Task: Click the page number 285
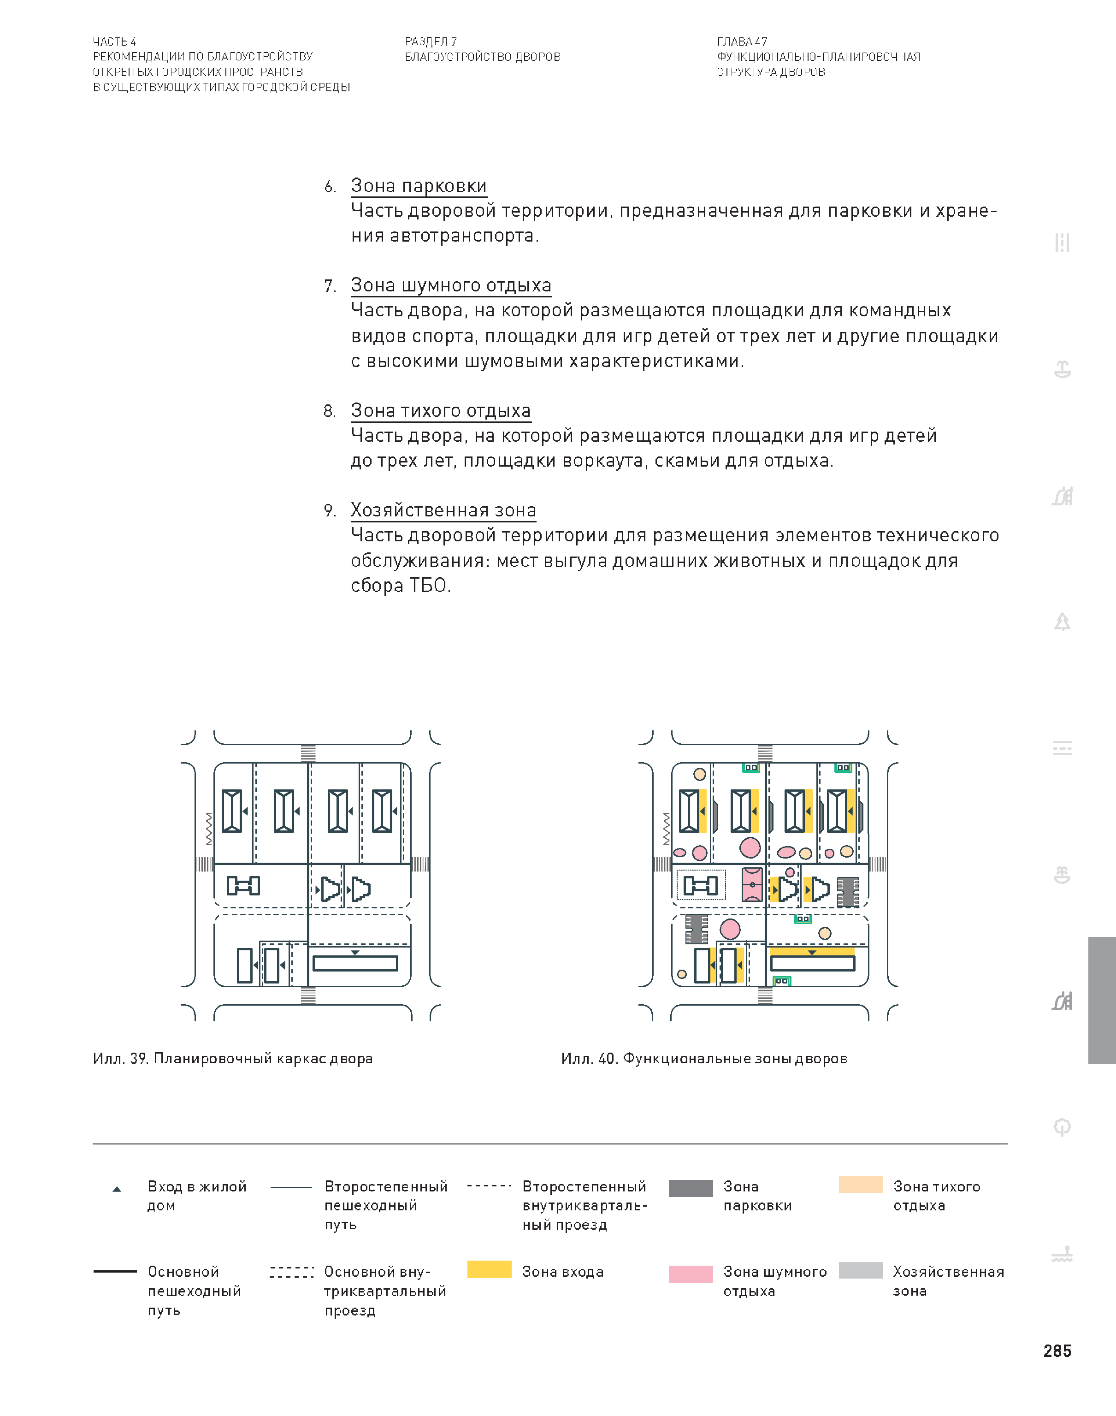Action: click(x=1057, y=1351)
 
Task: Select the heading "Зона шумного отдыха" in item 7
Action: click(x=450, y=285)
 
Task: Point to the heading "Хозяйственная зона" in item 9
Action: click(x=443, y=510)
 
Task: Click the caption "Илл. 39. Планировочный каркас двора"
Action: click(x=233, y=1059)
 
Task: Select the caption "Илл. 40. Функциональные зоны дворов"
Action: click(x=704, y=1059)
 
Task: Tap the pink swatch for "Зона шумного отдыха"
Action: click(x=690, y=1274)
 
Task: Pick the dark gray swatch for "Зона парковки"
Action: click(x=690, y=1188)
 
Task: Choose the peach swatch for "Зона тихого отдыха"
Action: click(x=861, y=1185)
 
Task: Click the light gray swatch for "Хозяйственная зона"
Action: click(x=861, y=1270)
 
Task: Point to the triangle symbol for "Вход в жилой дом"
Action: click(x=117, y=1189)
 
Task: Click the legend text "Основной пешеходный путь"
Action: click(x=194, y=1291)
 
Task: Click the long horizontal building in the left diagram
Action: click(x=355, y=964)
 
